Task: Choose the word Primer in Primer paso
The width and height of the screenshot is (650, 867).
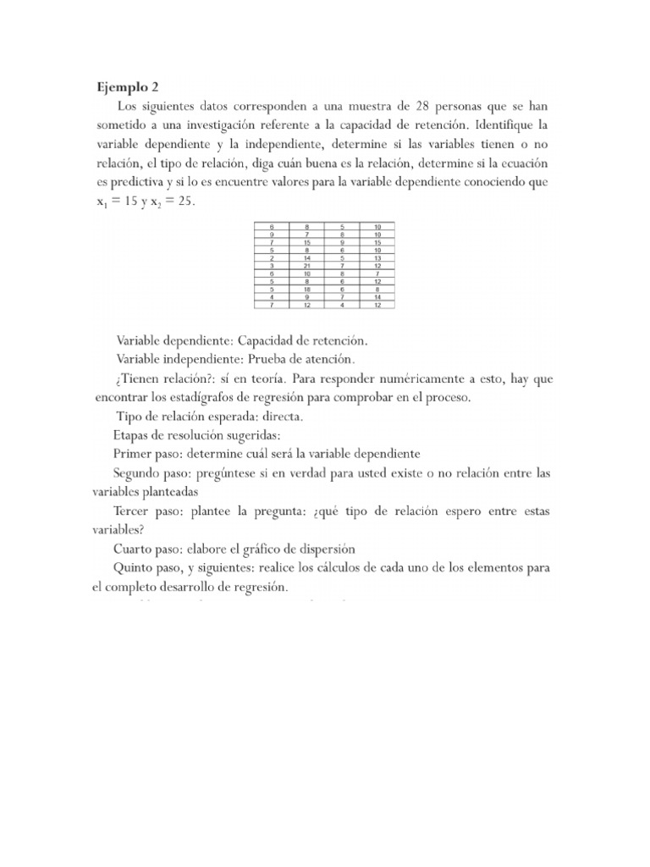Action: click(x=131, y=454)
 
